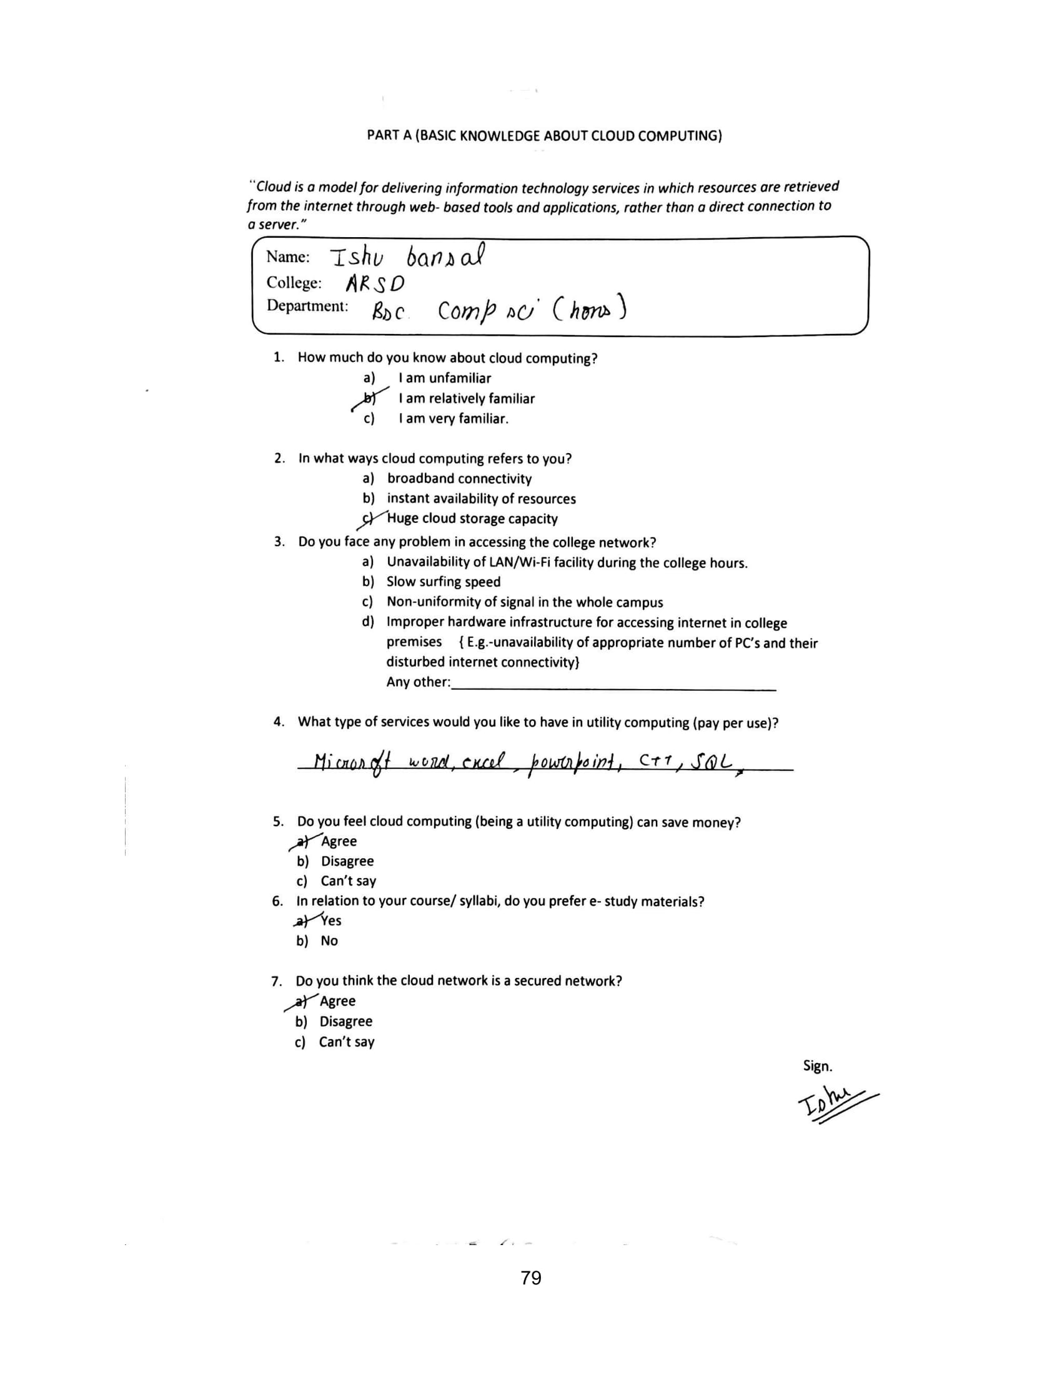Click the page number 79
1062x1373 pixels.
[531, 1278]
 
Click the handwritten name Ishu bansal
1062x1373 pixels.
[408, 257]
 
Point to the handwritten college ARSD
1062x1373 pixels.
[375, 284]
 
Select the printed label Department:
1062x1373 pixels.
[307, 306]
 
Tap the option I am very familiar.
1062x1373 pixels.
[453, 419]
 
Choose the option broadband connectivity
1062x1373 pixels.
[459, 479]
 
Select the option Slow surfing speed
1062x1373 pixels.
[444, 582]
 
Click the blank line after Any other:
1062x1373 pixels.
[613, 688]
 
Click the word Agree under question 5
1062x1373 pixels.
[339, 841]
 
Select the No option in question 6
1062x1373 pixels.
[329, 941]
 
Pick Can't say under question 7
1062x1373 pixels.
[346, 1042]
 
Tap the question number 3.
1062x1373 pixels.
[279, 541]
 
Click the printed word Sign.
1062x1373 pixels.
[817, 1065]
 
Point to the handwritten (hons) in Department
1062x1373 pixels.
[590, 310]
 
